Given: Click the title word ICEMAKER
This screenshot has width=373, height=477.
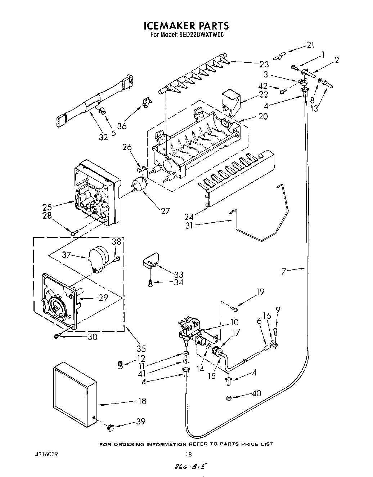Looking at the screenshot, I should tap(166, 26).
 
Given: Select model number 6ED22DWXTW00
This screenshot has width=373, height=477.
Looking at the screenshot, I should tap(202, 35).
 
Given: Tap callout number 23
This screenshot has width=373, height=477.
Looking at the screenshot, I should tap(264, 64).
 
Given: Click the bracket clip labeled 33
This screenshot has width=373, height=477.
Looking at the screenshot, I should tap(149, 261).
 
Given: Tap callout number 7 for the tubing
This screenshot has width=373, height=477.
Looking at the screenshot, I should tap(284, 271).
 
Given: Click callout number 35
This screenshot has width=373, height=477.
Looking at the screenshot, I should tap(141, 348).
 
